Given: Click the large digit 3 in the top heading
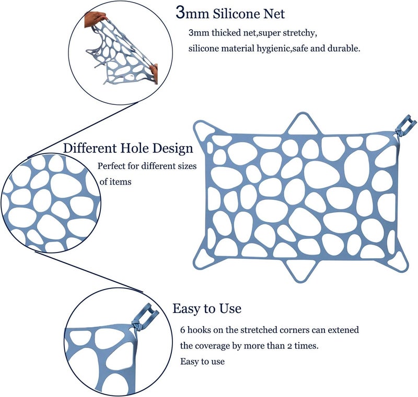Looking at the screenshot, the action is pyautogui.click(x=180, y=13).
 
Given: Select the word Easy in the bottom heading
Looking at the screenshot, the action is pyautogui.click(x=186, y=309).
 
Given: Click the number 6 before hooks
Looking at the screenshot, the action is pyautogui.click(x=182, y=330).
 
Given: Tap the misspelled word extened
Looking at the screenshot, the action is pyautogui.click(x=343, y=330).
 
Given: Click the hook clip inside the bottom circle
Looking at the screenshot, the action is pyautogui.click(x=148, y=314).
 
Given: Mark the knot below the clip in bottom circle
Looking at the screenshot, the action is pyautogui.click(x=136, y=325).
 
